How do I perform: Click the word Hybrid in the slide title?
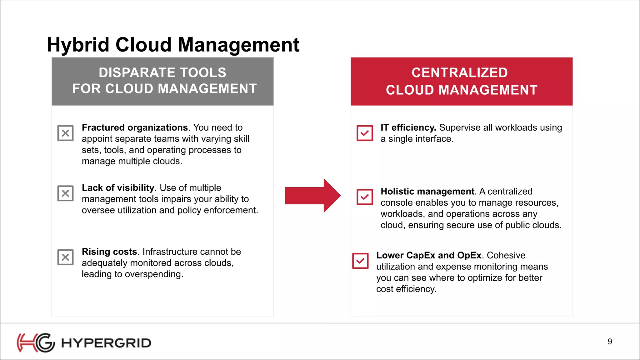pyautogui.click(x=78, y=45)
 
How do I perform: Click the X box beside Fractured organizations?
pyautogui.click(x=65, y=133)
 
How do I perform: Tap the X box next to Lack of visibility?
pyautogui.click(x=65, y=193)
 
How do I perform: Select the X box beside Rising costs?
pyautogui.click(x=65, y=257)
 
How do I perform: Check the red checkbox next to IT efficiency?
pyautogui.click(x=365, y=133)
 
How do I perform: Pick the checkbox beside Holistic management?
pyautogui.click(x=365, y=197)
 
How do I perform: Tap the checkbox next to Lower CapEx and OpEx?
pyautogui.click(x=360, y=261)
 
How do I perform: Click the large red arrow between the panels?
pyautogui.click(x=312, y=196)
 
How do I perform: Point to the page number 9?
pyautogui.click(x=610, y=342)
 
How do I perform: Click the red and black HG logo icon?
pyautogui.click(x=36, y=343)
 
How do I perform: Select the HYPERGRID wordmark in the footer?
pyautogui.click(x=106, y=343)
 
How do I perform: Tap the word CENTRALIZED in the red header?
pyautogui.click(x=460, y=73)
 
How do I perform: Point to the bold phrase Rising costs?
pyautogui.click(x=109, y=252)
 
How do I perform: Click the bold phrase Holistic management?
pyautogui.click(x=427, y=191)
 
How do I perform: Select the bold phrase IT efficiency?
pyautogui.click(x=408, y=127)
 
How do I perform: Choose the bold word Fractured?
pyautogui.click(x=103, y=127)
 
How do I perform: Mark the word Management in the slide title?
pyautogui.click(x=238, y=45)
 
